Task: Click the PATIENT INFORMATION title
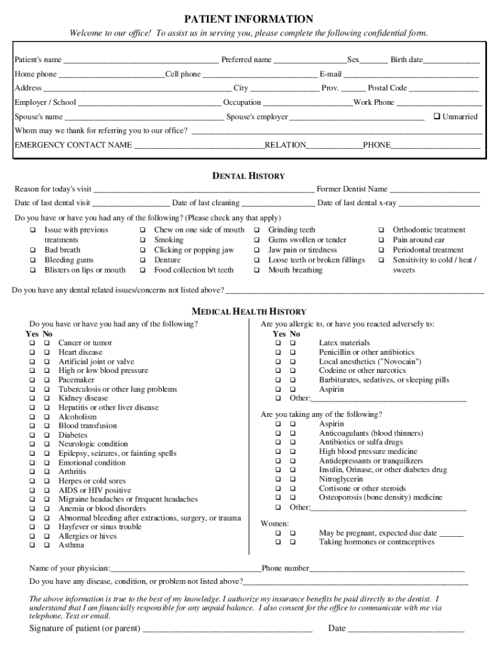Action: (249, 19)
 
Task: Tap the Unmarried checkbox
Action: (437, 117)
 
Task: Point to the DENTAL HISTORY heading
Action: (249, 176)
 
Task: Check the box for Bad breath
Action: (32, 251)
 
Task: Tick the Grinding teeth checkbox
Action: (256, 230)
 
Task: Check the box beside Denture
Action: (142, 260)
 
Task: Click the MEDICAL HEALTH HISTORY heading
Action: (249, 311)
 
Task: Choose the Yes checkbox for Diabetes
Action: (32, 436)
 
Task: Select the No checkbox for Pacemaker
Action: (47, 381)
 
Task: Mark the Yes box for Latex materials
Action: (279, 343)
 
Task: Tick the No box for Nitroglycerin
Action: (293, 480)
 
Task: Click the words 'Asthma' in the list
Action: (71, 545)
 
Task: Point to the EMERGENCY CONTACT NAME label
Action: (73, 145)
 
